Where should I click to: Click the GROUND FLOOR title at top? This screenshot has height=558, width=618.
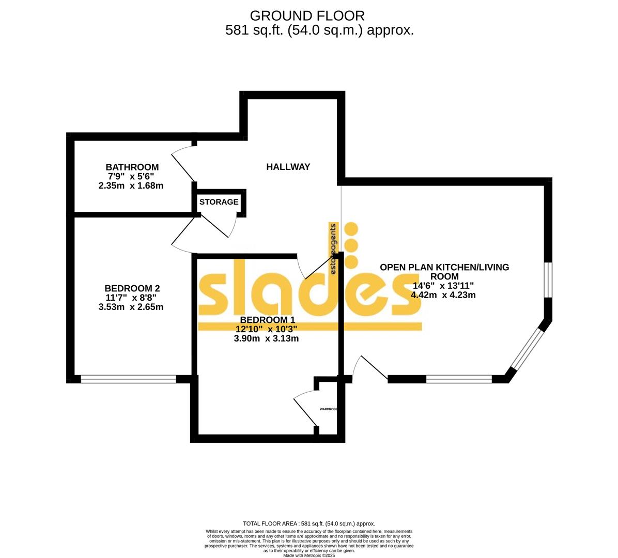307,16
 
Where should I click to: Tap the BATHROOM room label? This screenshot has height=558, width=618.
132,167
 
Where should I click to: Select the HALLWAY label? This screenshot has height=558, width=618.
288,166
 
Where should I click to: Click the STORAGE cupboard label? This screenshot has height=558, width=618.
219,202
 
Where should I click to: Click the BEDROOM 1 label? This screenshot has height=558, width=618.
266,319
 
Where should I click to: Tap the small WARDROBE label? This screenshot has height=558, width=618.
328,409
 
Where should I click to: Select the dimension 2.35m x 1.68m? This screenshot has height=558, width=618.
131,185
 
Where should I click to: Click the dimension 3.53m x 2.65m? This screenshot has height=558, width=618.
131,307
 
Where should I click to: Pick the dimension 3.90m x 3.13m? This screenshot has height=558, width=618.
266,339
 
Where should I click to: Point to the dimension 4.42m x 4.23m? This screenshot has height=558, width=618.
443,295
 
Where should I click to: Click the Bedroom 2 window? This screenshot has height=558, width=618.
129,379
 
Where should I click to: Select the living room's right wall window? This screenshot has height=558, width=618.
548,280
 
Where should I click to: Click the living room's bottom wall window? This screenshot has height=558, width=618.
459,379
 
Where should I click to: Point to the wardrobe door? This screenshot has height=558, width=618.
305,411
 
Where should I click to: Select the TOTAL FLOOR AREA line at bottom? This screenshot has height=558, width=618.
309,523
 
